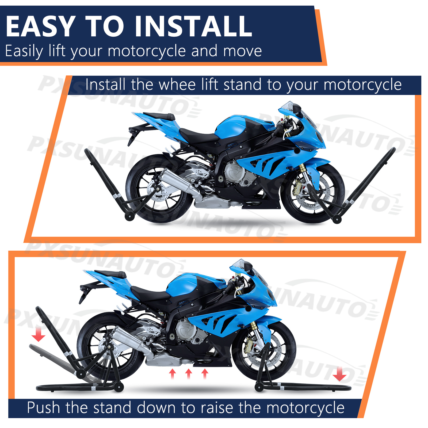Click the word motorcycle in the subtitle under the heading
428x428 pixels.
pos(147,51)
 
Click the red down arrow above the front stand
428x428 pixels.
pos(340,374)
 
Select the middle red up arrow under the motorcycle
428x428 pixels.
pos(189,373)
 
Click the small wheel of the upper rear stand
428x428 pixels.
pos(129,216)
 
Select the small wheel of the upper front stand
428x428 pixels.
pos(337,220)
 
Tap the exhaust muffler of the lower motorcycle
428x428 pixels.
pos(131,341)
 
